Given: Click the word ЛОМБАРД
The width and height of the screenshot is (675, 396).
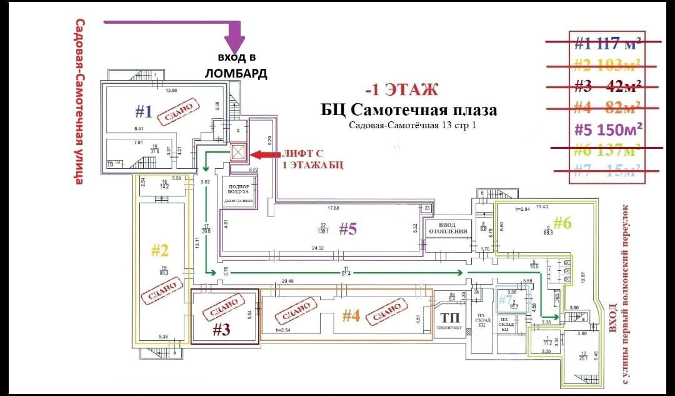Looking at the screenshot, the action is [236, 74].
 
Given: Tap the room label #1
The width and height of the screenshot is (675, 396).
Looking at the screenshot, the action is [144, 112].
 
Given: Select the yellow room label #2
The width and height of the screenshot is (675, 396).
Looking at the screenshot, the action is [161, 251].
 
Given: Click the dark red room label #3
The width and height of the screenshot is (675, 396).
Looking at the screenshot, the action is [222, 330].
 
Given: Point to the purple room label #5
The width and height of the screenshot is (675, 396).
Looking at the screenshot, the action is [347, 230].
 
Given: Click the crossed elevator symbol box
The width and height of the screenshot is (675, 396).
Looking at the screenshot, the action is [239, 153].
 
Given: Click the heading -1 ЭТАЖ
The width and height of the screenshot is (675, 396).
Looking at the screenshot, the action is [402, 89].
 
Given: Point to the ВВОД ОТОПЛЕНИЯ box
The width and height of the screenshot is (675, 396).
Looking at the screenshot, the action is [447, 228].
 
